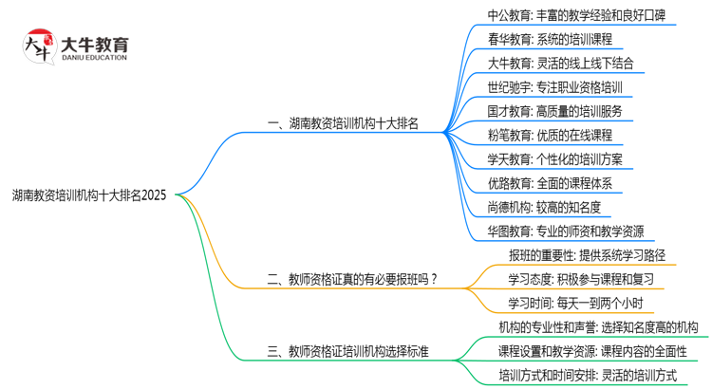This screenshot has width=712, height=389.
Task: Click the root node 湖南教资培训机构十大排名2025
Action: (x=89, y=194)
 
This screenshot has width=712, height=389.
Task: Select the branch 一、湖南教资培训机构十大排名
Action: (x=343, y=123)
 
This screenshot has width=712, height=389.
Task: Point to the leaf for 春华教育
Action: (x=549, y=40)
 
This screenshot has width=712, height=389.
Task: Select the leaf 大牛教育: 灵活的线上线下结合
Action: (x=560, y=64)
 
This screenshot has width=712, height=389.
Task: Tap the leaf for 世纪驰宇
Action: (x=554, y=87)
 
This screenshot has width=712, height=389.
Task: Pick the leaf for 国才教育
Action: (x=554, y=111)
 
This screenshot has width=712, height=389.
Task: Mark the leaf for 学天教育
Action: (x=554, y=158)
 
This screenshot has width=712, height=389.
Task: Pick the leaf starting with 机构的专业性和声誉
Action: (x=598, y=327)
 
